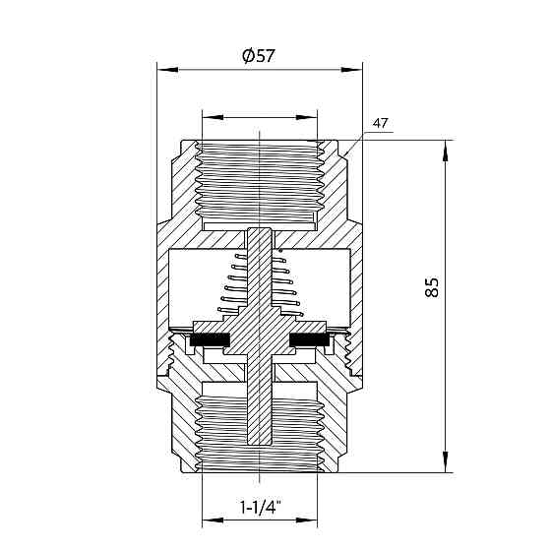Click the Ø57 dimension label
(258, 56)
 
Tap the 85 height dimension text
(432, 287)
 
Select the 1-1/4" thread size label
(260, 507)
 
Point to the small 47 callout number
(380, 123)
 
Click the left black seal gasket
(210, 338)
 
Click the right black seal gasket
(310, 338)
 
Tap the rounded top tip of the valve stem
(260, 229)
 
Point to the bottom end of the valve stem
(260, 444)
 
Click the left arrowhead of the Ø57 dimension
(167, 69)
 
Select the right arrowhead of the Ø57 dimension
(352, 69)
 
